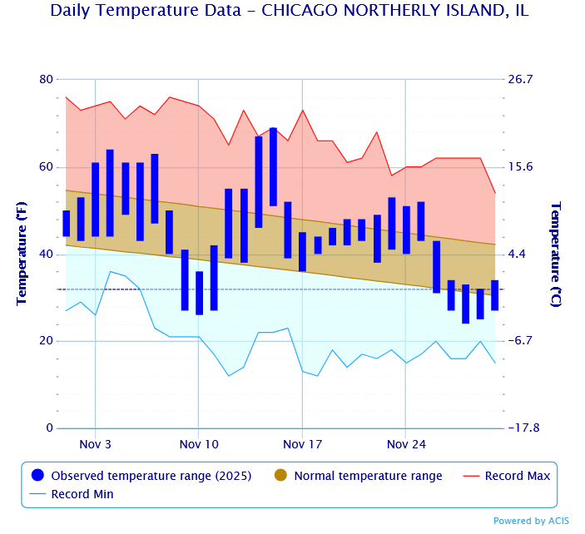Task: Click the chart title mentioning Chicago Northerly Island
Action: (289, 11)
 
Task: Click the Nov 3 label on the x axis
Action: (96, 445)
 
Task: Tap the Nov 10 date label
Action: (199, 445)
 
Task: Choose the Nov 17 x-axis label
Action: (302, 445)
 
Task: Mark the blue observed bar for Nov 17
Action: (302, 251)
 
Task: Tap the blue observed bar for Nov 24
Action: (405, 230)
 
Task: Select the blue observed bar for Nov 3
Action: (96, 200)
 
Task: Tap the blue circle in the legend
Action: (37, 476)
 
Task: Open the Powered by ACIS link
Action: (531, 521)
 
